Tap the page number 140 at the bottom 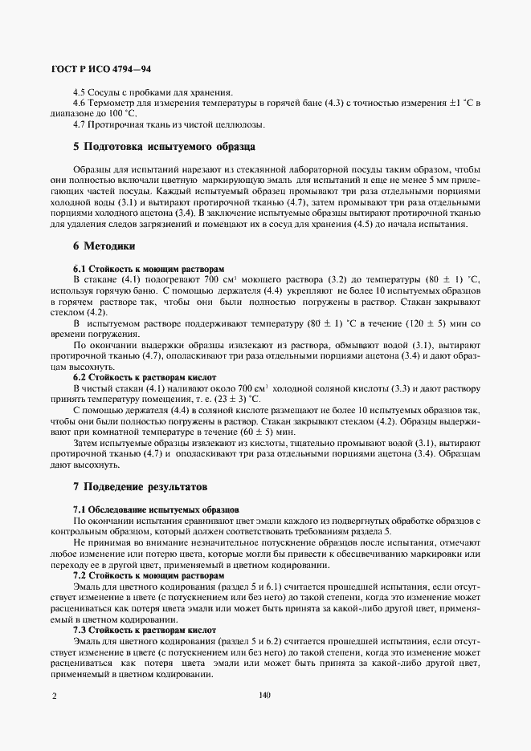click(x=265, y=696)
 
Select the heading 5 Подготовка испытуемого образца click(x=164, y=147)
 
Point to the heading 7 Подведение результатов click(x=140, y=486)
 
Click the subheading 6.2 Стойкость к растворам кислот click(x=145, y=376)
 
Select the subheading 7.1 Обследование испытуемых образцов click(x=156, y=509)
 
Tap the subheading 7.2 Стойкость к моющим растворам click(x=149, y=576)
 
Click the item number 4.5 click(x=80, y=92)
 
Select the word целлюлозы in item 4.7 click(x=241, y=124)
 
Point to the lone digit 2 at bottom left click(x=54, y=696)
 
